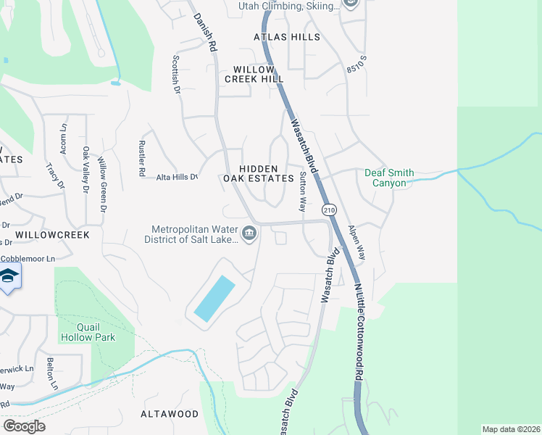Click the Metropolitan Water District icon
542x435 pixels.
[x=249, y=233]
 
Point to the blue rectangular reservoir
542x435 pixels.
[x=214, y=299]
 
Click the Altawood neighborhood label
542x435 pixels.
[x=170, y=414]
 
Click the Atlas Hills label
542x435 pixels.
[x=286, y=36]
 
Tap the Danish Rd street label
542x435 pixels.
[x=205, y=33]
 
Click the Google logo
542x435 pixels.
[x=24, y=426]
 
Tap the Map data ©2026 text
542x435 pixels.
[x=511, y=429]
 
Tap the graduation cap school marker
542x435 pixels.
[x=9, y=277]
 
